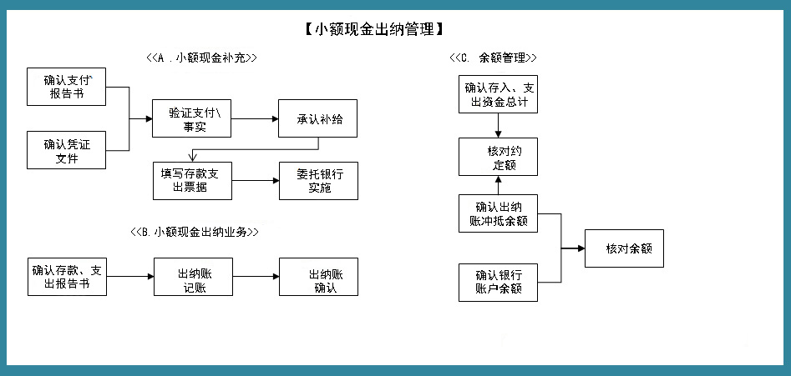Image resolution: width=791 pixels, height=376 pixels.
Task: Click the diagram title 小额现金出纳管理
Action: coord(368,30)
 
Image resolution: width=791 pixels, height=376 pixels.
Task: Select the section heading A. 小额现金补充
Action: coord(200,58)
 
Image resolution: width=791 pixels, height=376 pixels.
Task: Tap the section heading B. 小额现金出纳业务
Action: coord(194,232)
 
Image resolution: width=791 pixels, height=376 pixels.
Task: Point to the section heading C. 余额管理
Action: coord(493,58)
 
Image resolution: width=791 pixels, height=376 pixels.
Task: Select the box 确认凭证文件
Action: coord(67,150)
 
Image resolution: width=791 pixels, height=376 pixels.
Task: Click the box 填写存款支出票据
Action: coord(192,180)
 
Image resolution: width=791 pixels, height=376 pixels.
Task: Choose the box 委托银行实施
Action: coord(318,180)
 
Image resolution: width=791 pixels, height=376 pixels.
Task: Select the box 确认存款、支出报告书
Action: coord(67,277)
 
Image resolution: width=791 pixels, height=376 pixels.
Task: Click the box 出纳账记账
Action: coord(194,277)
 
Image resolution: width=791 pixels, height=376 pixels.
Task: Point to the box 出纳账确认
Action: coord(318,277)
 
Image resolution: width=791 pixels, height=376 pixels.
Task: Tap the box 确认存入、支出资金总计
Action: coord(499,94)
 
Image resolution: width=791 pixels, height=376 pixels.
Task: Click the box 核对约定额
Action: coord(499,157)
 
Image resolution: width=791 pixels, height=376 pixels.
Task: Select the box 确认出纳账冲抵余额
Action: coord(499,213)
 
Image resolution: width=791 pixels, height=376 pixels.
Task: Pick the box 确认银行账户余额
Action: coord(499,282)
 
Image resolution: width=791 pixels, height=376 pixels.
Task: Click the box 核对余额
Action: coord(624,248)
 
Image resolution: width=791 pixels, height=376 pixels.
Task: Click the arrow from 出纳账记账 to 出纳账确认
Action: coord(256,277)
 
